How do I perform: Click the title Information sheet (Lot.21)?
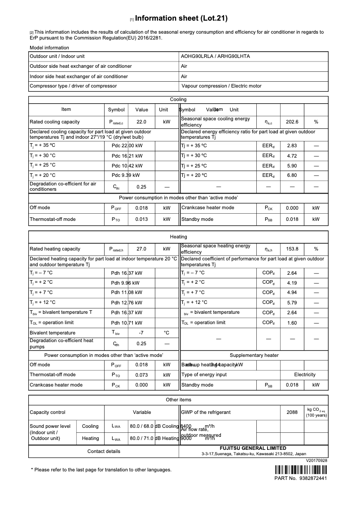(x=181, y=18)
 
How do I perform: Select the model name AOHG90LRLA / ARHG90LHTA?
(x=215, y=57)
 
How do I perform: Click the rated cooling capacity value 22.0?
(x=141, y=122)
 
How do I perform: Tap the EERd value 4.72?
(x=292, y=155)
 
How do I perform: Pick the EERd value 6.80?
(x=292, y=175)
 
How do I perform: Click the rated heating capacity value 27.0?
(x=141, y=249)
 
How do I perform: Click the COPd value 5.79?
(x=292, y=303)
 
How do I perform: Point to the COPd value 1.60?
(x=292, y=323)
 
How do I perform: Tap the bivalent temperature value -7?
(x=141, y=333)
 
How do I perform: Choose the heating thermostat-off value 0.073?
(x=141, y=375)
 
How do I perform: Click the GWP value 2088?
(x=292, y=412)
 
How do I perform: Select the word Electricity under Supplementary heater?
(x=305, y=374)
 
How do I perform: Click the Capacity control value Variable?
(x=142, y=412)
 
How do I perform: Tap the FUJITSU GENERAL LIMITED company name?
(x=253, y=448)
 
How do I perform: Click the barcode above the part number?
(x=301, y=470)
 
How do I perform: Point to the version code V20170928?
(x=316, y=461)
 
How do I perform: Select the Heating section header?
(x=178, y=237)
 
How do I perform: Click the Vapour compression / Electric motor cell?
(x=221, y=86)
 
